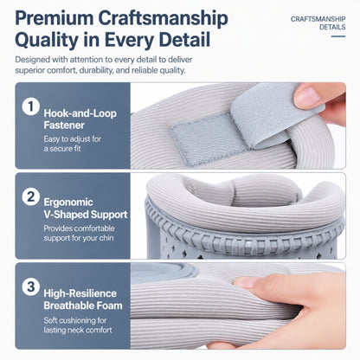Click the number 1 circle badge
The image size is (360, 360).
tap(30, 106)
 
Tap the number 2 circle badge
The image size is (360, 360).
tap(30, 197)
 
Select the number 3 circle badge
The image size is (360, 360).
tap(30, 287)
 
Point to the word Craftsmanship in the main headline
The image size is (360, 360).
tap(163, 19)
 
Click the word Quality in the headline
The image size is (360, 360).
tap(47, 40)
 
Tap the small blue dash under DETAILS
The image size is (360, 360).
tap(338, 36)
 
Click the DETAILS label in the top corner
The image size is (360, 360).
tap(332, 27)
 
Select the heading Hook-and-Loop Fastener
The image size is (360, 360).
tap(80, 119)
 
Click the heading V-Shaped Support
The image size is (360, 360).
tap(86, 215)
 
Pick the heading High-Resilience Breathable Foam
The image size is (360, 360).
tap(83, 299)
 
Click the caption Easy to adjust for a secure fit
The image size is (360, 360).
tap(73, 144)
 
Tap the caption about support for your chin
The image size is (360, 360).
tap(79, 233)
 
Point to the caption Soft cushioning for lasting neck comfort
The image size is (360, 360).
tap(78, 325)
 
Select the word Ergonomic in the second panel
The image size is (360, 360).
tap(68, 202)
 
